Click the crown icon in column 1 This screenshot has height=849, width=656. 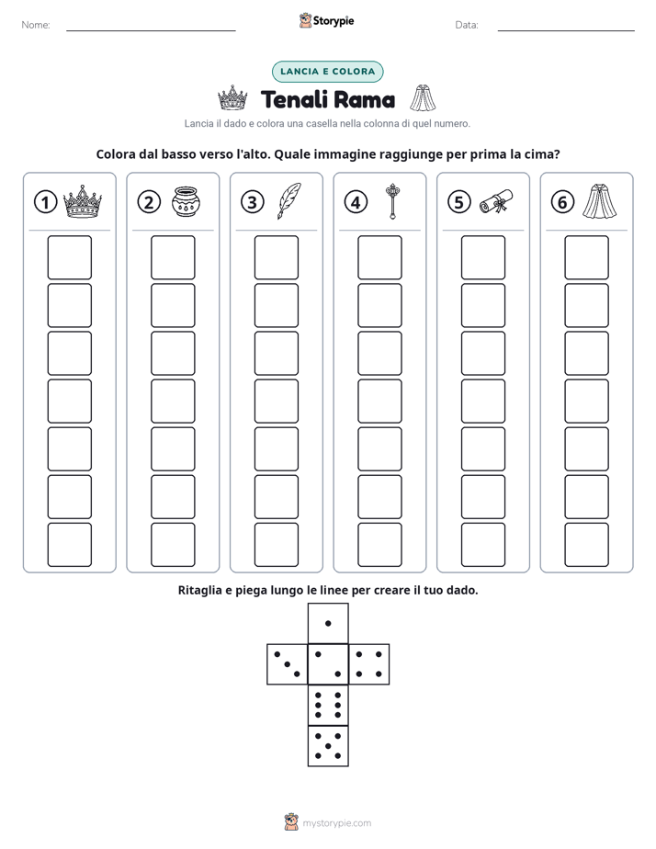83,201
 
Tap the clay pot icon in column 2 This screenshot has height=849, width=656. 186,201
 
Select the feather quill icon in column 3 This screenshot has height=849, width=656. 289,201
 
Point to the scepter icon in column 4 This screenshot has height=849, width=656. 392,201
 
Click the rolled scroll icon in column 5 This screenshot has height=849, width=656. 496,201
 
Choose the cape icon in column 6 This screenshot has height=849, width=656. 599,201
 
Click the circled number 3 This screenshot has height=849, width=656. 253,202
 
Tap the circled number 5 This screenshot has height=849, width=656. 459,202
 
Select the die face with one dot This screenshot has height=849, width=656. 328,624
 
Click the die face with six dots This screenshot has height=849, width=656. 328,705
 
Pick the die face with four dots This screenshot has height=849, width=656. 368,664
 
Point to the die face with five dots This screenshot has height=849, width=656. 328,746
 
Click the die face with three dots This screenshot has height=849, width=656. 288,664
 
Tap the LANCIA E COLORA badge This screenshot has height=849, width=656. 327,72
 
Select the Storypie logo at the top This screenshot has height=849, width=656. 327,20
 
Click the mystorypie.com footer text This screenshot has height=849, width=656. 336,823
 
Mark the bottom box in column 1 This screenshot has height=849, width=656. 69,545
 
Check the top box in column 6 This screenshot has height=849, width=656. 586,257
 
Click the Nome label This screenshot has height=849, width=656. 36,25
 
